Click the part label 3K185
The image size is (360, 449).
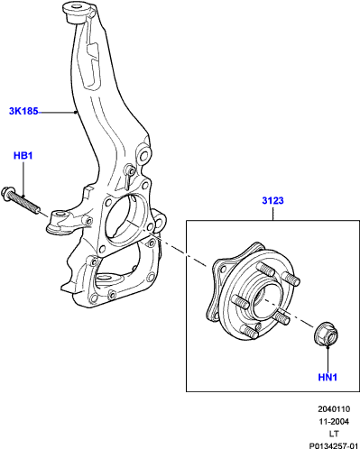tap(23, 112)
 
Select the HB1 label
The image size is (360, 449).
tap(23, 156)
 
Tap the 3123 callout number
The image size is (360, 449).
tap(272, 200)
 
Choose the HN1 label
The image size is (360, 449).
tap(328, 377)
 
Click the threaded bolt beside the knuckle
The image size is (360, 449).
tap(21, 200)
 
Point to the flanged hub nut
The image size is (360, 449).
tap(327, 334)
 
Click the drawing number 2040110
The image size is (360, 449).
tap(334, 409)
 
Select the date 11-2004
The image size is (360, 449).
tap(334, 422)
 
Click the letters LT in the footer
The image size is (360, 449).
tap(334, 434)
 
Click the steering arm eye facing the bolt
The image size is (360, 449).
tap(60, 216)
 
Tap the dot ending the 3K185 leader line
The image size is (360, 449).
tap(75, 112)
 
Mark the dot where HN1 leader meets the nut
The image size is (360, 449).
tap(328, 346)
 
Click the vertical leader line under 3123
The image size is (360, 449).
tap(272, 214)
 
